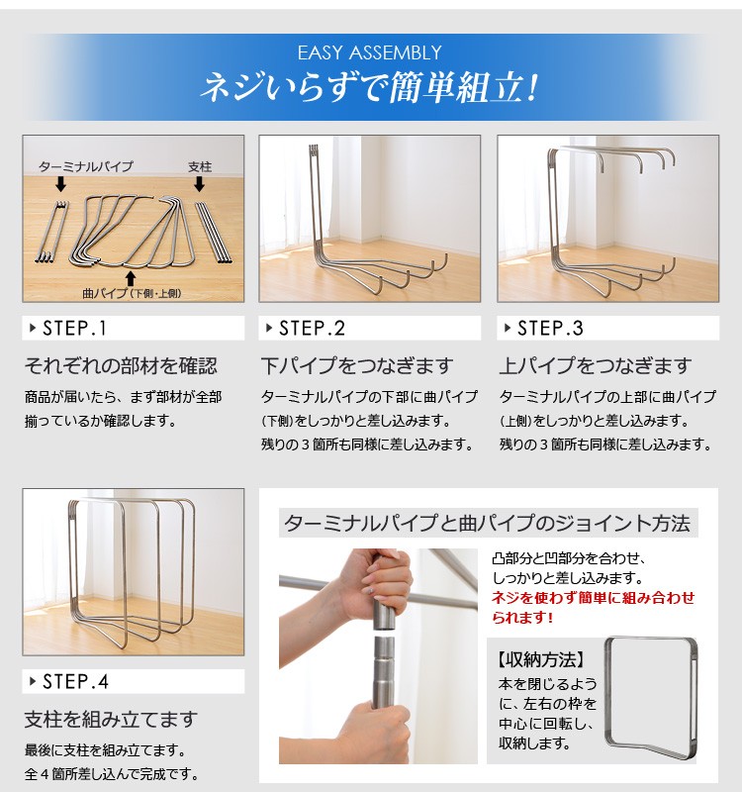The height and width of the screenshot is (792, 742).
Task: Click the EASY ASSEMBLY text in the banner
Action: (x=369, y=52)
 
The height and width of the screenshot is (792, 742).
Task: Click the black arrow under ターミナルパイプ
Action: (x=61, y=184)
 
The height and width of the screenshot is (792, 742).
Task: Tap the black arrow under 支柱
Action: (x=200, y=184)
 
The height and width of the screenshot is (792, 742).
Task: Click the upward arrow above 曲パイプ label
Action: (x=131, y=279)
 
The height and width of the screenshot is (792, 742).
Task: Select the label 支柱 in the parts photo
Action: (x=200, y=166)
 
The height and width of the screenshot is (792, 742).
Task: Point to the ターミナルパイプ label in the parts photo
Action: (x=86, y=166)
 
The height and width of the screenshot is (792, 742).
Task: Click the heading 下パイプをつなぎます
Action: (x=357, y=365)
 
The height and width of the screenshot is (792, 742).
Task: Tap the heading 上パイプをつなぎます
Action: (x=596, y=365)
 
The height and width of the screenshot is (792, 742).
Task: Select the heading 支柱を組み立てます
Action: (x=111, y=720)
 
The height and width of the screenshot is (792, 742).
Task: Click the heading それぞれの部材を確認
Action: (x=121, y=365)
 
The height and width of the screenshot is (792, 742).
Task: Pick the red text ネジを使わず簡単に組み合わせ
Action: (x=594, y=598)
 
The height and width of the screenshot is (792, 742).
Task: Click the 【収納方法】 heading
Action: (x=540, y=659)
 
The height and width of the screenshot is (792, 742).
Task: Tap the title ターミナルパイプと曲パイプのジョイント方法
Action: (x=487, y=524)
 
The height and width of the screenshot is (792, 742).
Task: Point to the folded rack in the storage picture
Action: (x=651, y=699)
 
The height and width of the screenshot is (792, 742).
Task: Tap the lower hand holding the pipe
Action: (x=375, y=733)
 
